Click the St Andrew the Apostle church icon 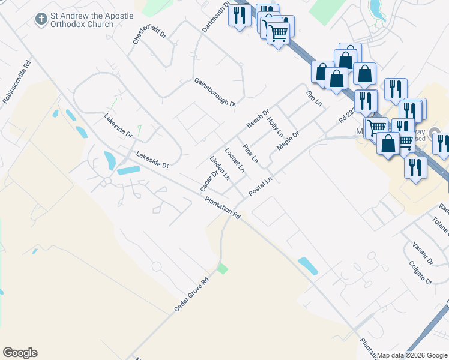click(x=41, y=19)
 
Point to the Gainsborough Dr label click(x=215, y=92)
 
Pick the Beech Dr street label click(x=258, y=119)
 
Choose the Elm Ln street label click(x=314, y=100)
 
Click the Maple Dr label click(x=288, y=141)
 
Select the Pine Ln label click(x=250, y=154)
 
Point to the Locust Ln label click(x=235, y=160)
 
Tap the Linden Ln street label click(x=220, y=168)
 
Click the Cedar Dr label click(x=208, y=182)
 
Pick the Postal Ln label click(x=261, y=185)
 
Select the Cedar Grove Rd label click(x=192, y=293)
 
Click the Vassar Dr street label click(x=423, y=254)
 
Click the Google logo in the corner click(x=20, y=353)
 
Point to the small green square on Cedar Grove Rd click(x=223, y=268)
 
